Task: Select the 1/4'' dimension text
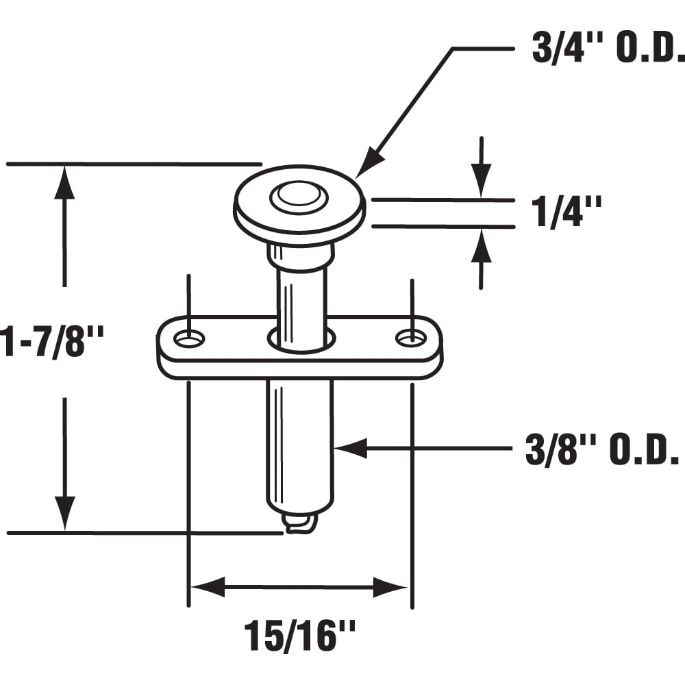pyautogui.click(x=566, y=212)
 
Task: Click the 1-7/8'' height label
pyautogui.click(x=51, y=340)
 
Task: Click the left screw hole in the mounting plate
pyautogui.click(x=190, y=338)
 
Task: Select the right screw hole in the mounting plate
pyautogui.click(x=411, y=337)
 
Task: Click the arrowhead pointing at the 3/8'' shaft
pyautogui.click(x=350, y=448)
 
